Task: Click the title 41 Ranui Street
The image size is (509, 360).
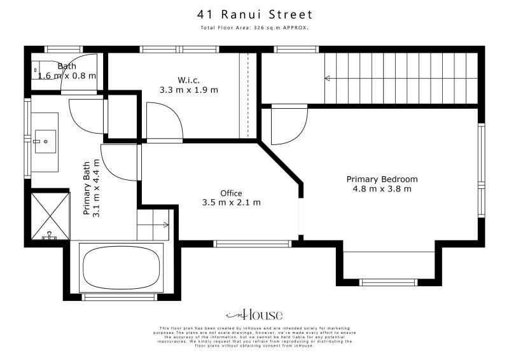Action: click(254, 15)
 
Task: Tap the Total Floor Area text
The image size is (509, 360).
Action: click(254, 29)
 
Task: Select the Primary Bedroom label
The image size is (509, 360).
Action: click(382, 179)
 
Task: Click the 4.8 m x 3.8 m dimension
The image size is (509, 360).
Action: click(382, 188)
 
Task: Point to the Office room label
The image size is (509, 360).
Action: click(231, 193)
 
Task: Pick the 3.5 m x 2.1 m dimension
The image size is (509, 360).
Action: click(231, 202)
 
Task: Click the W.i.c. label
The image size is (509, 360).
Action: click(189, 80)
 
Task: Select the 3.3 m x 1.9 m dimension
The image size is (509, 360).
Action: click(189, 90)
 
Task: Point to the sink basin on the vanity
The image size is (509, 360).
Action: click(45, 141)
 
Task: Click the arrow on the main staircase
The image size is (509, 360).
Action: click(328, 78)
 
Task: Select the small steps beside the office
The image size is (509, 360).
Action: click(153, 225)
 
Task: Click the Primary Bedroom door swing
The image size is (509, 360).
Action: click(280, 126)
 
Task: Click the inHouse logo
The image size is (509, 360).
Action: click(254, 315)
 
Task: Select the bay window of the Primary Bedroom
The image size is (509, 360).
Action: click(388, 282)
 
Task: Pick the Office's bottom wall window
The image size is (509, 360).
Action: click(253, 243)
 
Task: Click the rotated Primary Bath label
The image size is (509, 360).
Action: click(92, 188)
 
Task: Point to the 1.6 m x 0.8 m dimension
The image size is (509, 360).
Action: click(67, 76)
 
